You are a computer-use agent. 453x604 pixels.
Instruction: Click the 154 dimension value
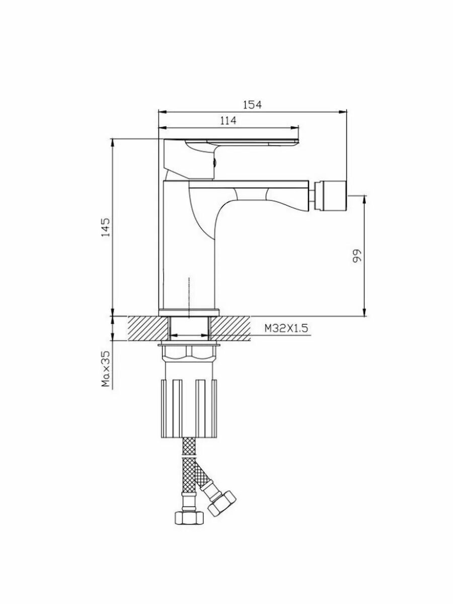click(x=253, y=105)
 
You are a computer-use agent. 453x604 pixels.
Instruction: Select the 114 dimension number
click(x=228, y=120)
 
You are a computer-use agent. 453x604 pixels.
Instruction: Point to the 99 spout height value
click(x=357, y=256)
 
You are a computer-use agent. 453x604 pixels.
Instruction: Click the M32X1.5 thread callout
click(x=286, y=328)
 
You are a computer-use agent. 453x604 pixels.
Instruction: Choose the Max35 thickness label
click(x=106, y=369)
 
